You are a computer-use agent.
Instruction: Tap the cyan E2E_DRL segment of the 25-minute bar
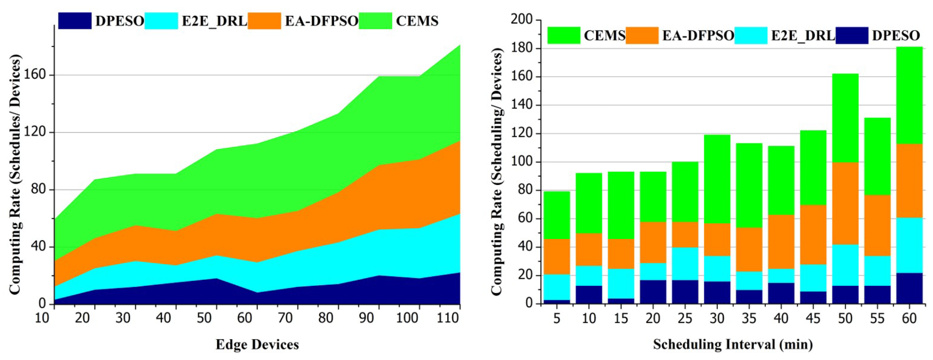click(685, 264)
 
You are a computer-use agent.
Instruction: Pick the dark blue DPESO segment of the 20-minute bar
click(653, 292)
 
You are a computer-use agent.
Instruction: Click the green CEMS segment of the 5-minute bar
click(557, 215)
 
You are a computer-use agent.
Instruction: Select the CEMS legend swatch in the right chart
click(564, 35)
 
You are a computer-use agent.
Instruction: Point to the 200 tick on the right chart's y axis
click(522, 20)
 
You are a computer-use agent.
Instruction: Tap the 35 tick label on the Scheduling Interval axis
click(749, 318)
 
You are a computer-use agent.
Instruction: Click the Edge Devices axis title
click(257, 344)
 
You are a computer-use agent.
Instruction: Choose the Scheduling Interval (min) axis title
click(733, 344)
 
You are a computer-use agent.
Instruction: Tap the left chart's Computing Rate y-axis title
click(15, 174)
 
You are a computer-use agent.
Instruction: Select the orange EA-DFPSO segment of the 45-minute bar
click(813, 235)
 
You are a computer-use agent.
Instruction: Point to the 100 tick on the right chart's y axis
click(522, 162)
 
